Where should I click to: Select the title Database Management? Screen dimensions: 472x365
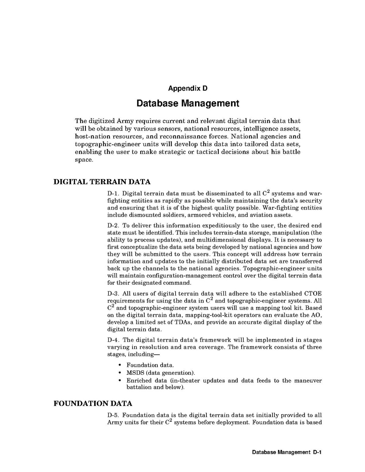pyautogui.click(x=188, y=104)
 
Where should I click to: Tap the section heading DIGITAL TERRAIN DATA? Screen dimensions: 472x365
pyautogui.click(x=102, y=182)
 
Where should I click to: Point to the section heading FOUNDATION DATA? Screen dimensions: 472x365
pyautogui.click(x=93, y=404)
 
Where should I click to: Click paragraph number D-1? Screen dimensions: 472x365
pyautogui.click(x=113, y=194)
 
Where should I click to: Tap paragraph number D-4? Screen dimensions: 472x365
pyautogui.click(x=113, y=340)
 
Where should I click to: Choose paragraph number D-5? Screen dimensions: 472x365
pyautogui.click(x=113, y=415)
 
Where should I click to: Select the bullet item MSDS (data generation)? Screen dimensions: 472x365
pyautogui.click(x=161, y=373)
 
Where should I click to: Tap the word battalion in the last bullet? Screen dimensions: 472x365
pyautogui.click(x=139, y=388)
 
